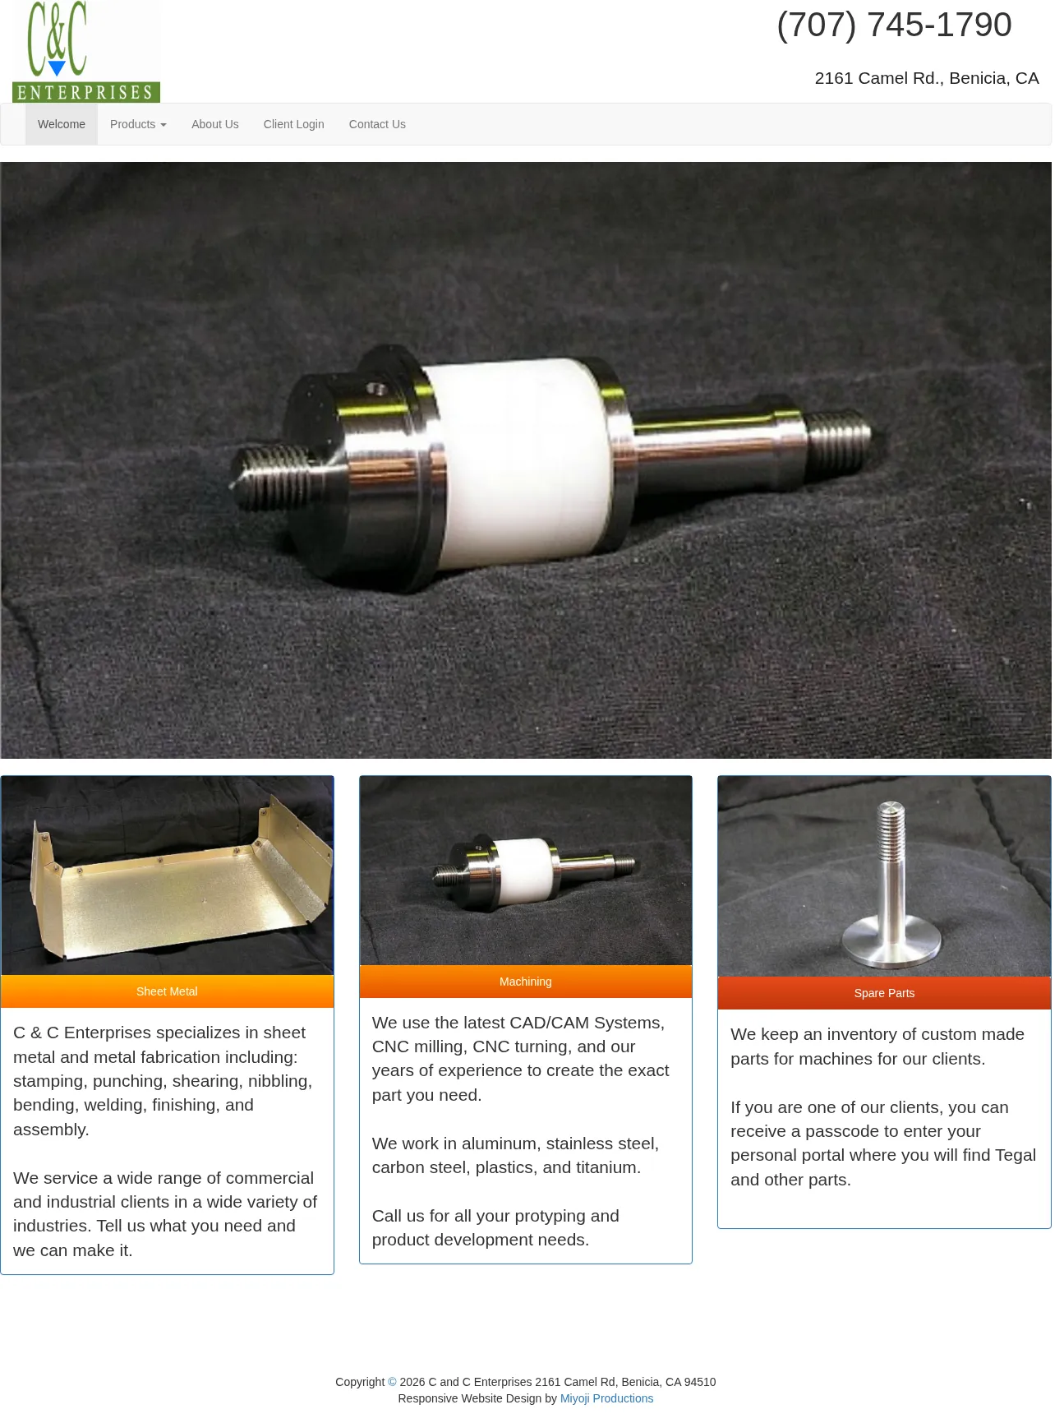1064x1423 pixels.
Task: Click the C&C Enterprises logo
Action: tap(86, 52)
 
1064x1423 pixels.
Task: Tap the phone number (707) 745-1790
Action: tap(894, 25)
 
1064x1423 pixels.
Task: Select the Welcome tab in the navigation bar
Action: tap(62, 124)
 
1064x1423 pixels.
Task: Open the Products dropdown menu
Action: tap(138, 124)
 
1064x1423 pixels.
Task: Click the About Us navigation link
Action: tap(215, 124)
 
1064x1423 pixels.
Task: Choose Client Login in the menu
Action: tap(293, 124)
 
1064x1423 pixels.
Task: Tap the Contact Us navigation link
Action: tap(377, 124)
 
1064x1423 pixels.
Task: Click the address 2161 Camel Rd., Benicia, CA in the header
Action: tap(927, 78)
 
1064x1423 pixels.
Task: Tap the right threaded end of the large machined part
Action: tap(838, 436)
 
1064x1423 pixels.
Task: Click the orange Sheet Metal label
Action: tap(167, 991)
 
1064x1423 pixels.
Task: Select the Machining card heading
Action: tap(526, 982)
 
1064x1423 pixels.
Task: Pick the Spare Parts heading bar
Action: tap(884, 993)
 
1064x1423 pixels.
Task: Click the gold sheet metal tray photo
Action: tap(168, 876)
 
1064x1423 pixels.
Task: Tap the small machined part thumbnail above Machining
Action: tap(526, 871)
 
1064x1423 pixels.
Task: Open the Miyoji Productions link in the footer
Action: tap(606, 1398)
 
